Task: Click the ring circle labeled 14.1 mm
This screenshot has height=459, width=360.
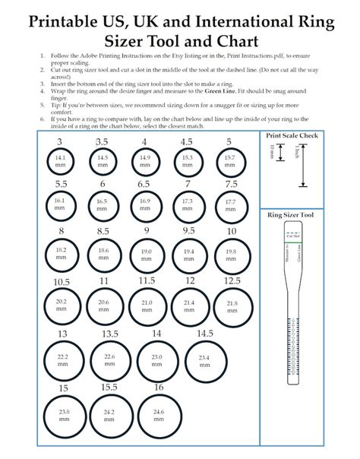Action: tap(61, 160)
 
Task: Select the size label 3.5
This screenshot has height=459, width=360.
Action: tap(103, 141)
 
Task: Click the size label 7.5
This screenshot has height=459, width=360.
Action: tap(229, 184)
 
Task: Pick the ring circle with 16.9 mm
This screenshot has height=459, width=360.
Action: tap(145, 204)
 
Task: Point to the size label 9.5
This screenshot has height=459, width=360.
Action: tap(188, 230)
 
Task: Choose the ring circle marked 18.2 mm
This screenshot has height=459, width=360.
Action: tap(61, 252)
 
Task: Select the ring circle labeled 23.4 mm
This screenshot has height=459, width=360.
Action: tap(204, 360)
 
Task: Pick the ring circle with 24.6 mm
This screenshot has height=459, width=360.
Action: tap(158, 416)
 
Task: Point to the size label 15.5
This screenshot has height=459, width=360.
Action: tap(109, 387)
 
